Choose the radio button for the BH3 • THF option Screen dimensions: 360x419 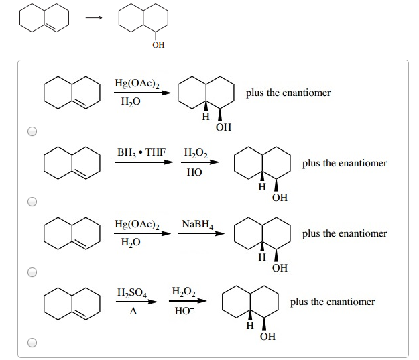[32, 201]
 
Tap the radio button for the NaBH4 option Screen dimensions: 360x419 [32, 272]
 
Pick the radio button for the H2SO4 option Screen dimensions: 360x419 [32, 343]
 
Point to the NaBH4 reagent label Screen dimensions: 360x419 [197, 223]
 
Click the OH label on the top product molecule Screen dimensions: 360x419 [158, 46]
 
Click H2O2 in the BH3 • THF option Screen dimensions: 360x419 [196, 152]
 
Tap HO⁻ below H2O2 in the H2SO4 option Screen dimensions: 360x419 [183, 310]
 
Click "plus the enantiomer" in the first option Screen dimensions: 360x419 [288, 93]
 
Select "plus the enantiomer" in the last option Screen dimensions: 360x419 [333, 302]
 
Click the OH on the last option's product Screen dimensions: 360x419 [267, 337]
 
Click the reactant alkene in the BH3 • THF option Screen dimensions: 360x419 [72, 163]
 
